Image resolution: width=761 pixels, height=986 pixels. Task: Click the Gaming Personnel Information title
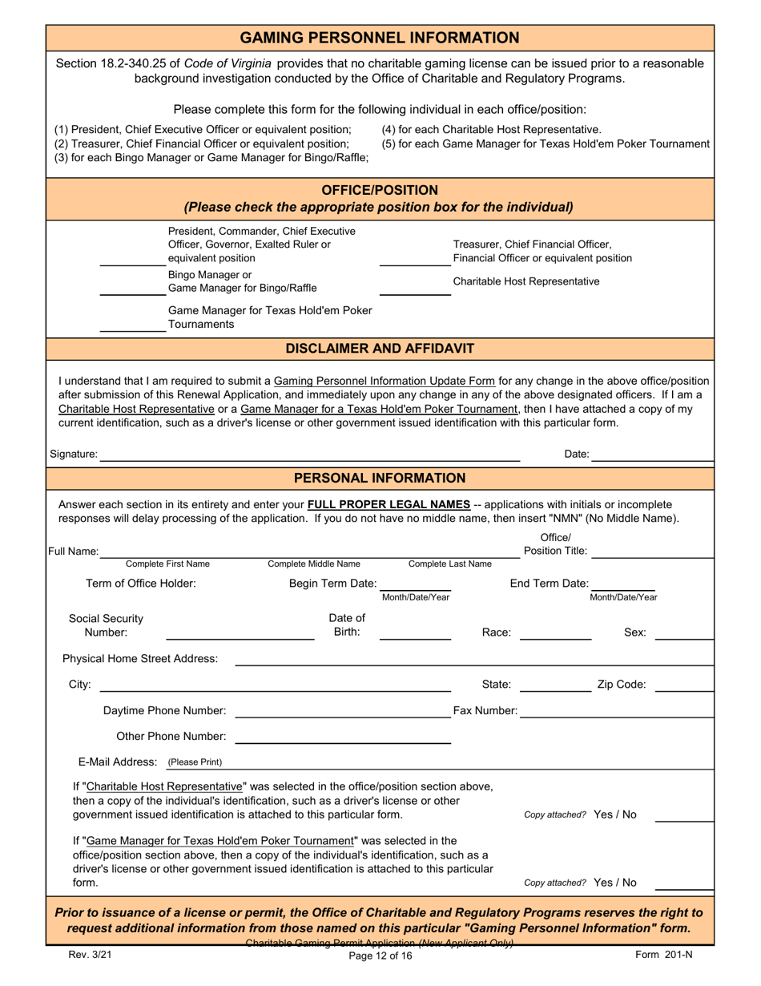380,38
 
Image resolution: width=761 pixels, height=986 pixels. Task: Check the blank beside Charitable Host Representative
414,289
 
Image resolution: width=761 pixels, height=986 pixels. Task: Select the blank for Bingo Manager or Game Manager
132,289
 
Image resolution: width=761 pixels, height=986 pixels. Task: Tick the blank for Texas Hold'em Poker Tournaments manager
132,325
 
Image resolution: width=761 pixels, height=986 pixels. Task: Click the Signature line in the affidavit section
309,455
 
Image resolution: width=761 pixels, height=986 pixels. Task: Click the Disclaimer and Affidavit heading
380,349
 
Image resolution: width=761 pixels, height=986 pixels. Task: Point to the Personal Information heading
380,479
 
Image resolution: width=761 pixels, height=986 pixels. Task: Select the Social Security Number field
240,633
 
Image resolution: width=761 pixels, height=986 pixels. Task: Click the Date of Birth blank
414,633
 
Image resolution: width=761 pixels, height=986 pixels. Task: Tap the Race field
555,633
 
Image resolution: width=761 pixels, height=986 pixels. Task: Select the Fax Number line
616,712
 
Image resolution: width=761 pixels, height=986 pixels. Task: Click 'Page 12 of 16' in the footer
380,956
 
